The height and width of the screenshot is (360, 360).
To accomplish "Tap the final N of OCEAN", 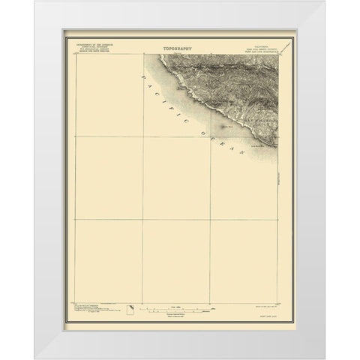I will tap(241, 156).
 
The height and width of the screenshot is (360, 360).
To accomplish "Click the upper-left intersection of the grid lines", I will tap(142, 136).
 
